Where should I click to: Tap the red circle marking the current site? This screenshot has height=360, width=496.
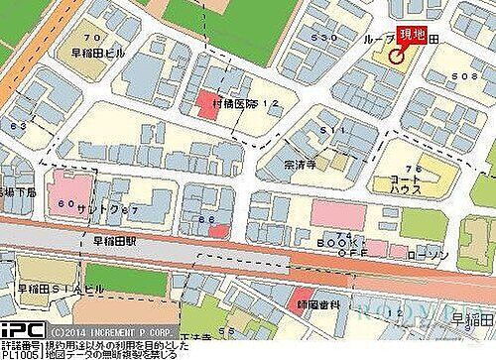(x=397, y=57)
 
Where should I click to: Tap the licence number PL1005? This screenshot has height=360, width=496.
(x=20, y=353)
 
